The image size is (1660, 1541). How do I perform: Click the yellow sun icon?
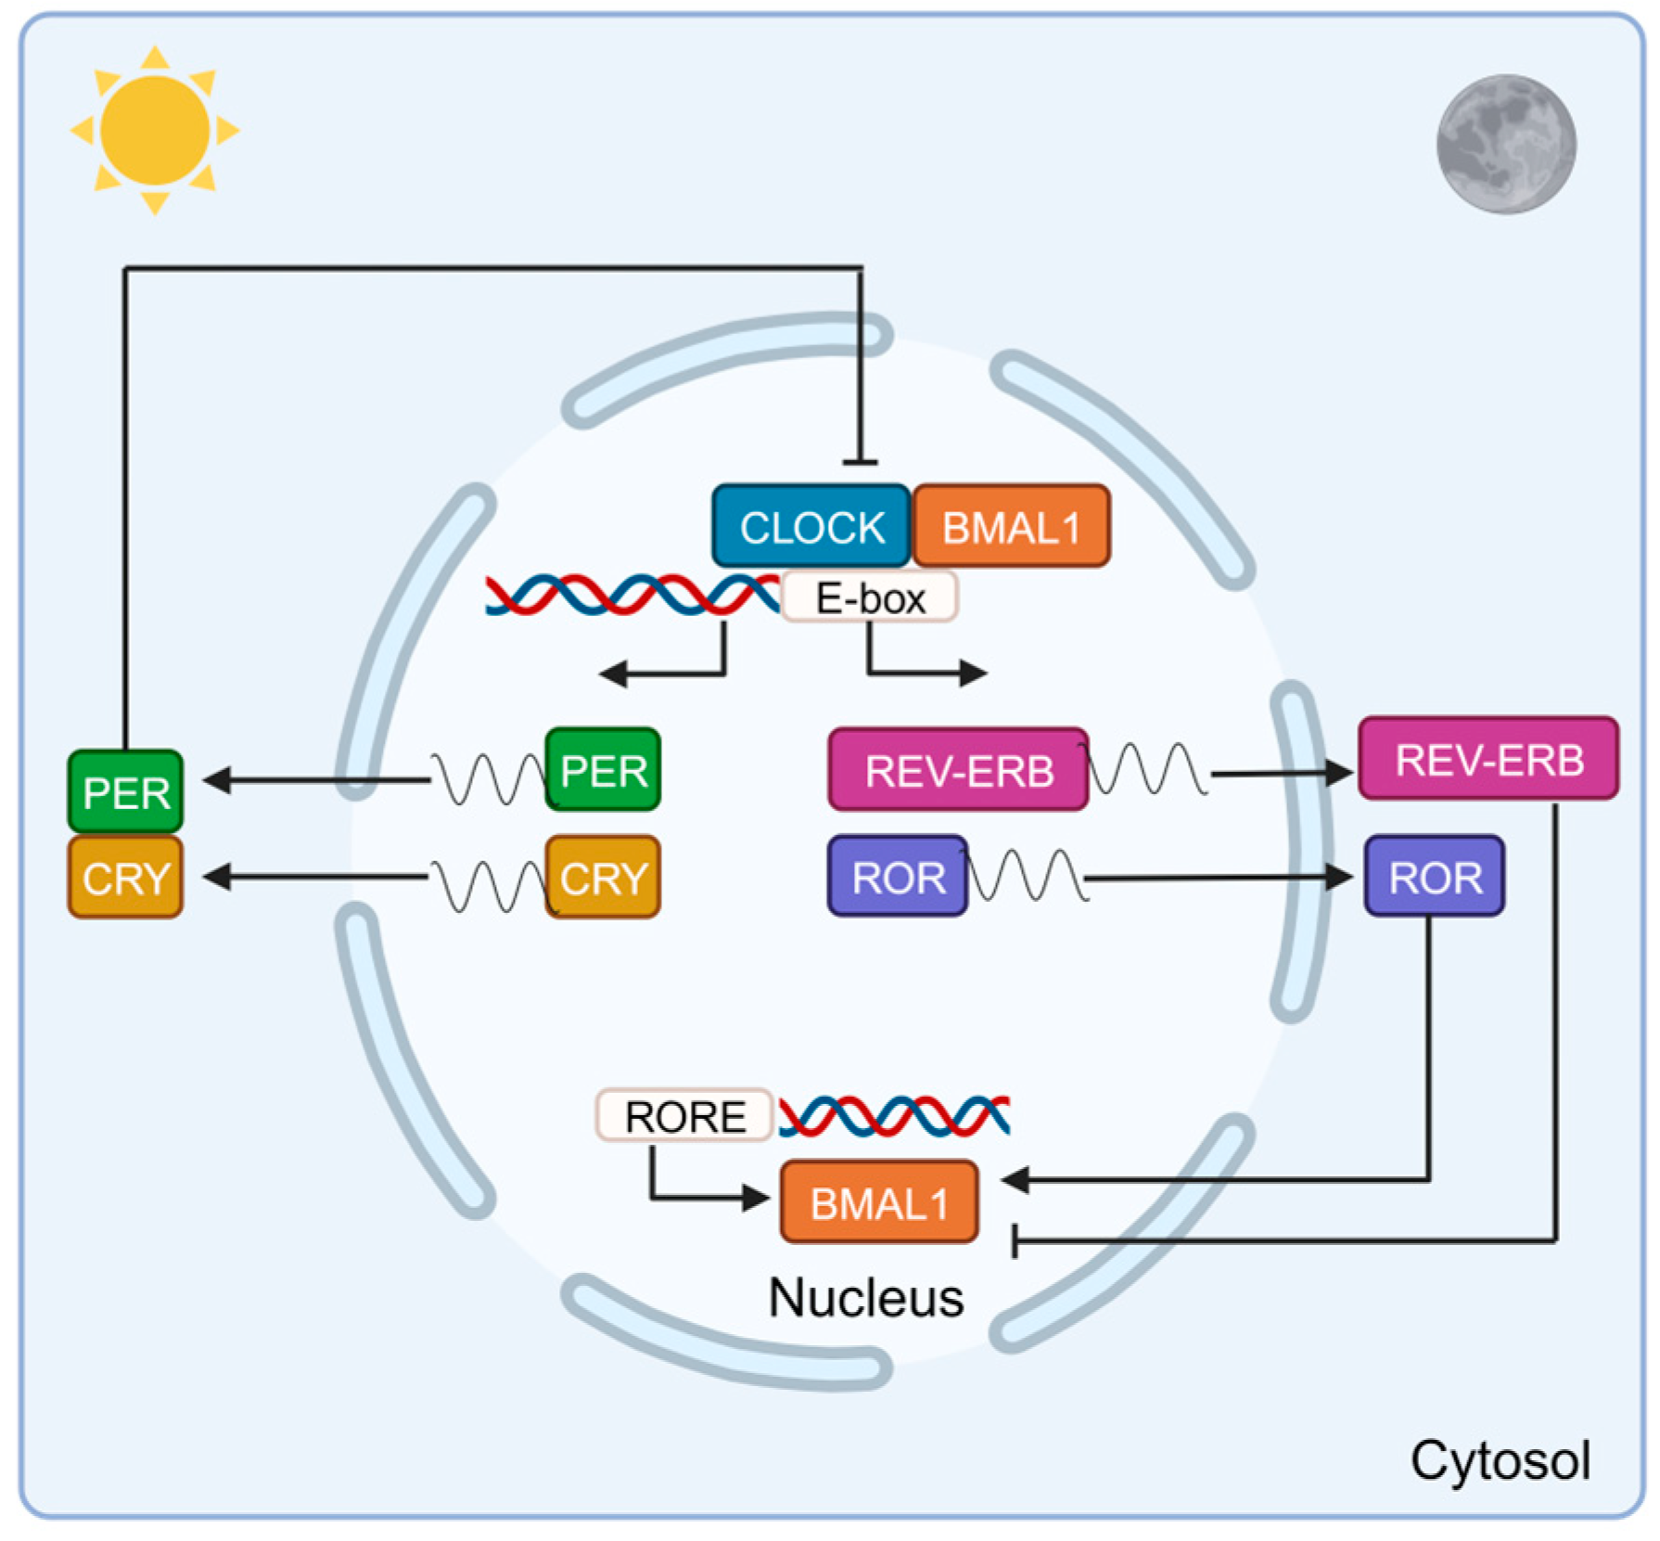(x=155, y=130)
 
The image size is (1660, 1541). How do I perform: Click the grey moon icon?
(x=1505, y=145)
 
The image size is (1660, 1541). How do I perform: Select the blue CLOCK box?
(x=811, y=526)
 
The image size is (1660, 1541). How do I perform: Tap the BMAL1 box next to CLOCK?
(x=1011, y=526)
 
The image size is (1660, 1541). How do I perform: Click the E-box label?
(x=869, y=597)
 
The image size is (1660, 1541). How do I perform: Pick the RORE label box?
(x=684, y=1115)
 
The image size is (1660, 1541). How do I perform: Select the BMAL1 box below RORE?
(x=878, y=1202)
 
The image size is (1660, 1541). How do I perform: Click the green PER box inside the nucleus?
(x=604, y=770)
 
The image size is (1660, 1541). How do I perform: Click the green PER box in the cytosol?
(x=125, y=791)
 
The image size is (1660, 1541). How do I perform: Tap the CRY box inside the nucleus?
(x=604, y=877)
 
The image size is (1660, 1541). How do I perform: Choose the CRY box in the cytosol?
(x=125, y=877)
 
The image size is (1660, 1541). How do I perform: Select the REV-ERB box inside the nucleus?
(x=958, y=770)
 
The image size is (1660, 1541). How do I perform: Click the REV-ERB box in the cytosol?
(x=1488, y=759)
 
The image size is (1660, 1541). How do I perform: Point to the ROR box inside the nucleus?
(x=898, y=877)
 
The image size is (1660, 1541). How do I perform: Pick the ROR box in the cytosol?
(x=1434, y=877)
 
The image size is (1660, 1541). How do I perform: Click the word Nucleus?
(x=865, y=1297)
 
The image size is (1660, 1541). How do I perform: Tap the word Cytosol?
(x=1500, y=1460)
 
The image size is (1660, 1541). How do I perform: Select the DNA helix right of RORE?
(x=894, y=1116)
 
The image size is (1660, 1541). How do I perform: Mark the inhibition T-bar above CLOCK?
(x=861, y=461)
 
